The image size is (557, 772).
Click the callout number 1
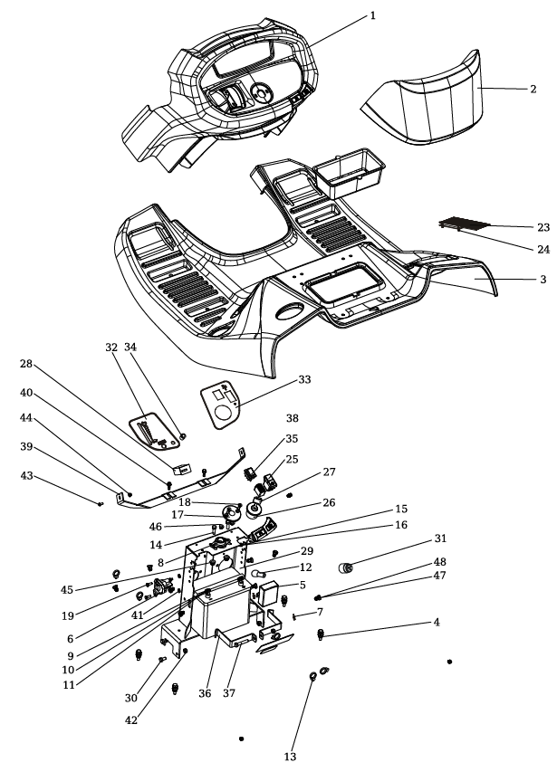(372, 16)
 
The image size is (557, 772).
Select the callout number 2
(533, 89)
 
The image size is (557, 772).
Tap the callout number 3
(543, 280)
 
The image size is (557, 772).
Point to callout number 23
(542, 226)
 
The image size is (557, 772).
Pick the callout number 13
(290, 757)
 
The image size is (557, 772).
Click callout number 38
(292, 420)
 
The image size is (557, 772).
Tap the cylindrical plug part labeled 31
(344, 567)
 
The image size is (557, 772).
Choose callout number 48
(438, 562)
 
